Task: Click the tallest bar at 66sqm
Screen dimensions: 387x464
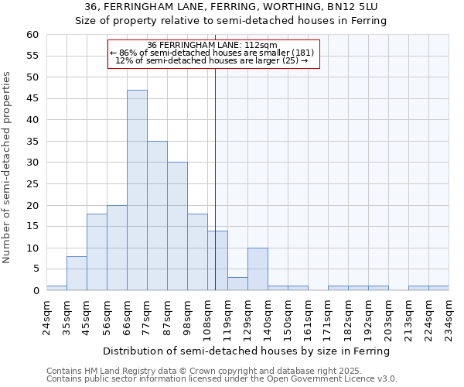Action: [x=137, y=190]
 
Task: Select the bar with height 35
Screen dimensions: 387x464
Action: [x=157, y=216]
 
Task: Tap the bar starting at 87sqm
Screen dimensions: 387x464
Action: [x=177, y=226]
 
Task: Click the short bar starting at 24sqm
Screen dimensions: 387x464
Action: [x=56, y=288]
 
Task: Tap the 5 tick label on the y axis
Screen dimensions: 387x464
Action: [x=35, y=269]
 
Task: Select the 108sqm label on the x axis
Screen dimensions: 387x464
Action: [x=208, y=316]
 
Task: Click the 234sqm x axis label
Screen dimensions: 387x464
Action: [x=449, y=316]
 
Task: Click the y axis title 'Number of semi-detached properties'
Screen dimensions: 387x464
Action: [x=8, y=167]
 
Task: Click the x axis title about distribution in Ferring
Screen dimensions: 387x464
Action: [x=246, y=351]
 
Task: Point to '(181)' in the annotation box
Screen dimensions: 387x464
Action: [x=299, y=53]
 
